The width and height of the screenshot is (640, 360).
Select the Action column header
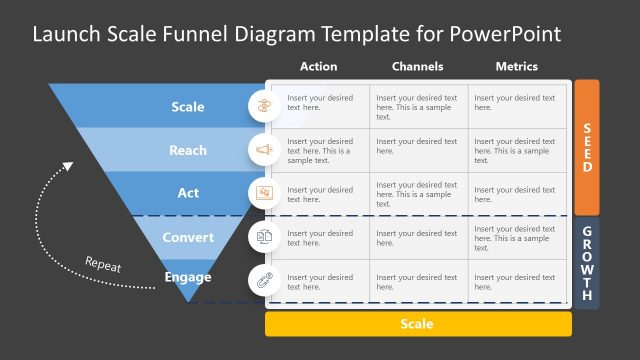coord(318,67)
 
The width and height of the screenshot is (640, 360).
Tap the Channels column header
coord(418,67)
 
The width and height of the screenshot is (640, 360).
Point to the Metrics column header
coord(516,67)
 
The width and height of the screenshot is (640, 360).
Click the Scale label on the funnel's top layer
coord(188,107)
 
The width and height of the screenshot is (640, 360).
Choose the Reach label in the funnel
coord(188,150)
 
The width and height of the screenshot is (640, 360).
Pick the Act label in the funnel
coord(188,193)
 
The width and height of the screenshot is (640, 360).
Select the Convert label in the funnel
coord(188,237)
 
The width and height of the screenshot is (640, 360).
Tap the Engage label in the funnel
coord(188,277)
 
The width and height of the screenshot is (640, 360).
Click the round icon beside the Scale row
coord(265,105)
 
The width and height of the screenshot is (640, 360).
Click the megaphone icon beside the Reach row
coord(265,149)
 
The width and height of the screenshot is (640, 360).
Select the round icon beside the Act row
coord(265,192)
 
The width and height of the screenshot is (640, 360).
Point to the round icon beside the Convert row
coord(265,236)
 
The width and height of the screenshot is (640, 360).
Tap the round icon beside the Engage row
coord(265,279)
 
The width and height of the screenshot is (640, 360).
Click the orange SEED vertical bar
coord(587,147)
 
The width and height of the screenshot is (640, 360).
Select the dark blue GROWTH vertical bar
coord(587,263)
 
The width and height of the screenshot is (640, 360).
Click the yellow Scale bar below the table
coord(418,324)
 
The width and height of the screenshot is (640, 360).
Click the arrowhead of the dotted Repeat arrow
coord(68,167)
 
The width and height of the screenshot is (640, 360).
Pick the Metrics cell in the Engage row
coord(517,280)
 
